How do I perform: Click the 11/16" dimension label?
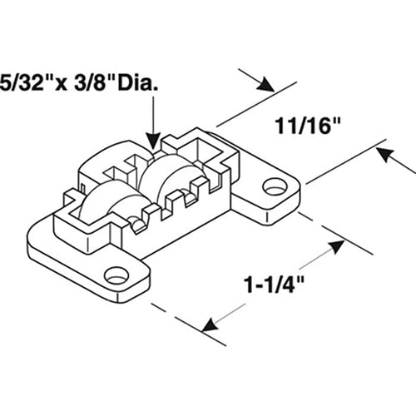pyautogui.click(x=307, y=126)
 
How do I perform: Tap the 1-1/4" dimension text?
pyautogui.click(x=274, y=284)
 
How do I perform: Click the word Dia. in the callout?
pyautogui.click(x=138, y=82)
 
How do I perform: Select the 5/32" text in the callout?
pyautogui.click(x=22, y=82)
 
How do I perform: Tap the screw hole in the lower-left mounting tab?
pyautogui.click(x=116, y=275)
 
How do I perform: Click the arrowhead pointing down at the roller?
pyautogui.click(x=153, y=141)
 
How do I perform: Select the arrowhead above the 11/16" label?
pyautogui.click(x=265, y=84)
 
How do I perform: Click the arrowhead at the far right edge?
pyautogui.click(x=386, y=156)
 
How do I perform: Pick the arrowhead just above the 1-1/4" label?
pyautogui.click(x=336, y=246)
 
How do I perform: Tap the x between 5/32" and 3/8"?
pyautogui.click(x=61, y=84)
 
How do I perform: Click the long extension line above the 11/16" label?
pyautogui.click(x=257, y=104)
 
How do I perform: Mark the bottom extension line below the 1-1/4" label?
pyautogui.click(x=189, y=324)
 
